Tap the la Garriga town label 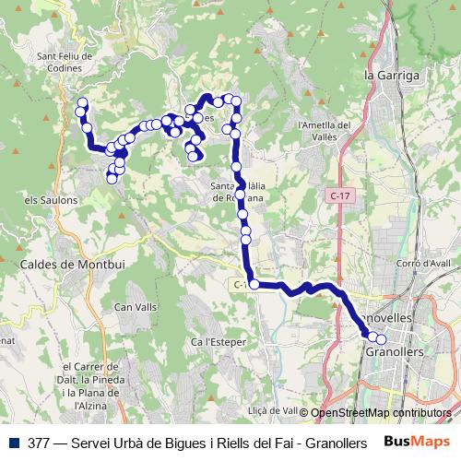coord(392,75)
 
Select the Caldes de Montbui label coord(65,265)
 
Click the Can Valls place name coord(135,306)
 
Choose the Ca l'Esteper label coord(215,342)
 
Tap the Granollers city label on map coord(395,352)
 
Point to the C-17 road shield coord(339,196)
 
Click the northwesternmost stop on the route coord(82,103)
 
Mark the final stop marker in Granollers coord(381,338)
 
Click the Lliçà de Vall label coord(273,411)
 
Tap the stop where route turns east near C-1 coord(254,284)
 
